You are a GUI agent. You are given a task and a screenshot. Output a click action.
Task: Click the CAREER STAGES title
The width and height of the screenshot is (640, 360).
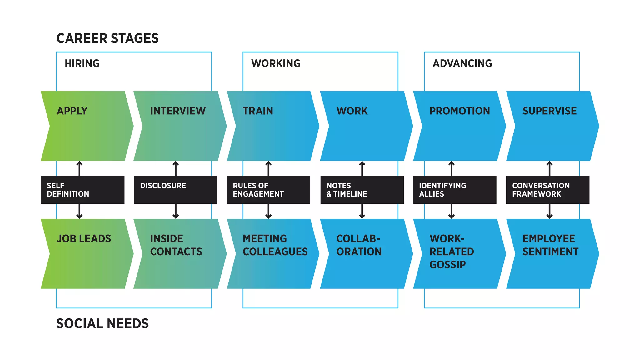tap(107, 38)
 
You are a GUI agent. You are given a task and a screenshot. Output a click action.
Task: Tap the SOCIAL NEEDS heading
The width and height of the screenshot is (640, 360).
tap(102, 324)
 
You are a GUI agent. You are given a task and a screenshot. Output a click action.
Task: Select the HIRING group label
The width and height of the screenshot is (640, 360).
tap(82, 63)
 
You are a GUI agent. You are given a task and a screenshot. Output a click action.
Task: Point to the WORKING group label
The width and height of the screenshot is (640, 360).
tap(276, 63)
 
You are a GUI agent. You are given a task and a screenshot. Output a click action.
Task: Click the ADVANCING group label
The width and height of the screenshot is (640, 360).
tap(462, 63)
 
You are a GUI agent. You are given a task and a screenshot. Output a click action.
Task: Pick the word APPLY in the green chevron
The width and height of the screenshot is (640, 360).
tap(72, 111)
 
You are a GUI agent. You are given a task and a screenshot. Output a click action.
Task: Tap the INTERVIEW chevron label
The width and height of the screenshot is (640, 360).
tap(178, 111)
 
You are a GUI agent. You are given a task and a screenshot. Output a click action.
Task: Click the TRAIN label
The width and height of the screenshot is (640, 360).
tap(258, 111)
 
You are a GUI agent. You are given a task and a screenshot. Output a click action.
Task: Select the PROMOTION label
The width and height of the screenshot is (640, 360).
tap(459, 111)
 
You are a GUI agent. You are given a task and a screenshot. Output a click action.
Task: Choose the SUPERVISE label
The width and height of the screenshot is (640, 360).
tap(549, 111)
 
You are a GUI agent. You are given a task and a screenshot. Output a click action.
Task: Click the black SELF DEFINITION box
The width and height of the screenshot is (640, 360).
tap(82, 190)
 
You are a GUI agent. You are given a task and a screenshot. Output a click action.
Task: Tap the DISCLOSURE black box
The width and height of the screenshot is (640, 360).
tap(175, 190)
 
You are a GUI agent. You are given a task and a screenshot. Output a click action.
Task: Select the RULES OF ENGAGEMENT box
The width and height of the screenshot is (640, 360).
tap(268, 190)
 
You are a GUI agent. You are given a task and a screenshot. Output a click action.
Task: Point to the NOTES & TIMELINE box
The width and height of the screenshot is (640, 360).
tap(362, 190)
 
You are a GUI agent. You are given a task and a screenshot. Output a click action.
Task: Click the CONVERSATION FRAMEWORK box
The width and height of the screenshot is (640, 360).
tap(547, 190)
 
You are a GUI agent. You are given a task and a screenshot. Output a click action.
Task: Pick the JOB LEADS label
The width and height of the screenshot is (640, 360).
tap(84, 239)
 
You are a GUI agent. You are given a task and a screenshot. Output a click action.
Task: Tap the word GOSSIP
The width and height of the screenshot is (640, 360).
tap(447, 265)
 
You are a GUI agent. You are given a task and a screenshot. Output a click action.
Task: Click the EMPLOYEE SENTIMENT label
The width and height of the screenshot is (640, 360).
tap(550, 245)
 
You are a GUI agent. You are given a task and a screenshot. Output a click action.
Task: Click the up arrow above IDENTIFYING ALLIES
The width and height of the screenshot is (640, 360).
tap(451, 168)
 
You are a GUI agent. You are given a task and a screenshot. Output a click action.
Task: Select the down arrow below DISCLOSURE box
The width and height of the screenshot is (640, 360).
tap(176, 212)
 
